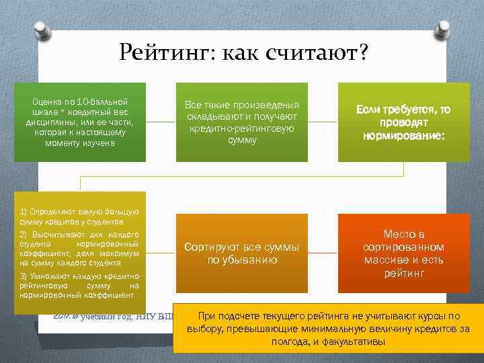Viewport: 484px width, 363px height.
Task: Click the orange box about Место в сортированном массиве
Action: (x=403, y=253)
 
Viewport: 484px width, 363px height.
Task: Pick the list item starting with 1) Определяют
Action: (x=79, y=216)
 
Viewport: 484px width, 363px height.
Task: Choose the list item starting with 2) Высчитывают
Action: (x=79, y=248)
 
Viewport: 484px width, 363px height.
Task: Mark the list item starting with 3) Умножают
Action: (x=79, y=286)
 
